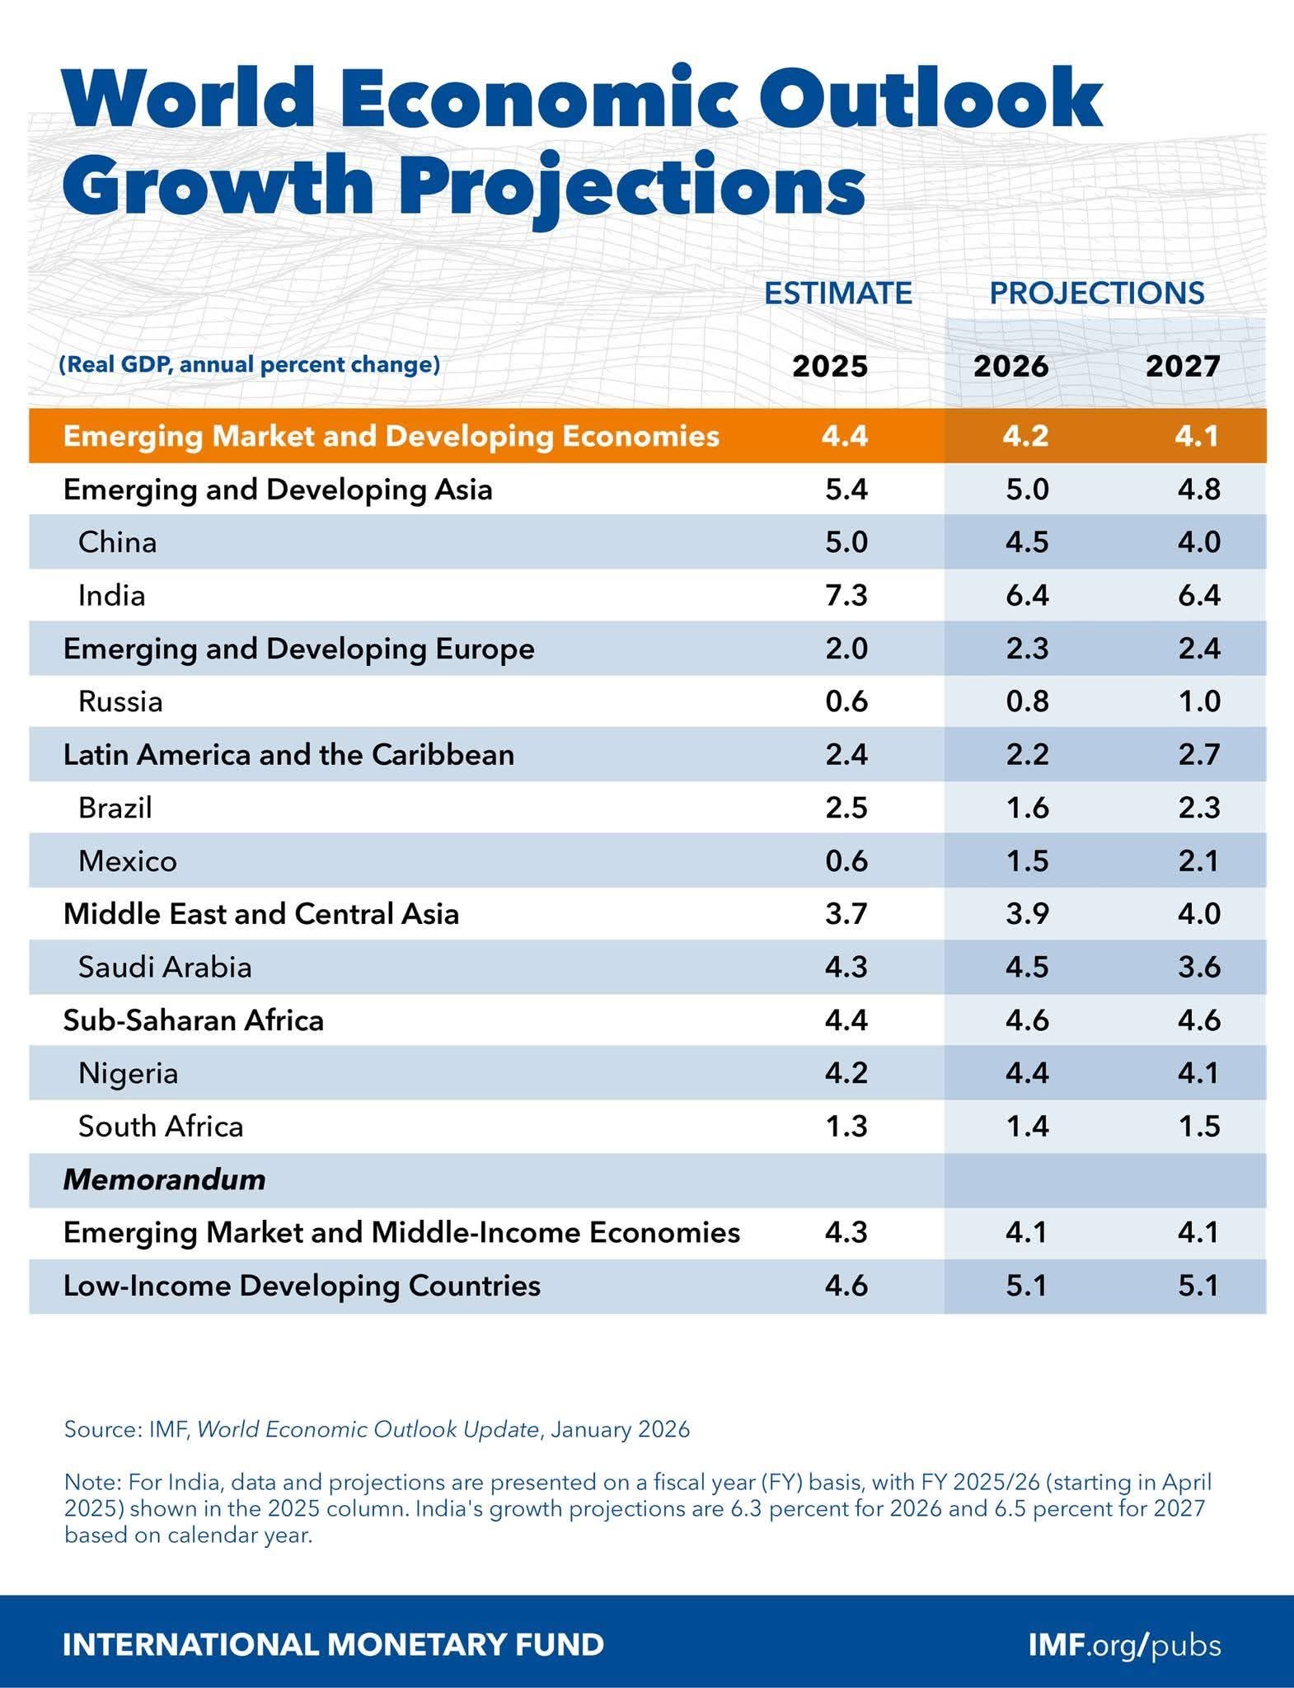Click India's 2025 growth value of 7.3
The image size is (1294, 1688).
(x=846, y=595)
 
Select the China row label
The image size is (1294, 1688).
(x=117, y=542)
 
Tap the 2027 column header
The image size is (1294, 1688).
(x=1183, y=366)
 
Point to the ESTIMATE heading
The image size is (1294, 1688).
(x=837, y=293)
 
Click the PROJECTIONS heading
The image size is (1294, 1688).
(x=1096, y=293)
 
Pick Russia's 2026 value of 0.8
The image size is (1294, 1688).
(x=1026, y=701)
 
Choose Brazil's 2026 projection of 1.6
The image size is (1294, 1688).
(x=1026, y=808)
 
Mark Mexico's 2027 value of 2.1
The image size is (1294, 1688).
(x=1198, y=861)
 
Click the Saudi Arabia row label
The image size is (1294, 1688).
(x=165, y=967)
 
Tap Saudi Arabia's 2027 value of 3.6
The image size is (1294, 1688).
(x=1198, y=967)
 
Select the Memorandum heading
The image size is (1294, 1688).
(x=164, y=1179)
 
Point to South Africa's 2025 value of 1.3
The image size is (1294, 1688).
(x=846, y=1127)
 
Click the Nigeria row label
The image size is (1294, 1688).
(x=128, y=1073)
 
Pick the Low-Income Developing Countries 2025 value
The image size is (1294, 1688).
(x=846, y=1286)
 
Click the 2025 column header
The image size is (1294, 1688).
(x=830, y=366)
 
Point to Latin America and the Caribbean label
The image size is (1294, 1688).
(x=288, y=755)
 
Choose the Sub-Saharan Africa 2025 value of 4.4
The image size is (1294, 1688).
(x=846, y=1020)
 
